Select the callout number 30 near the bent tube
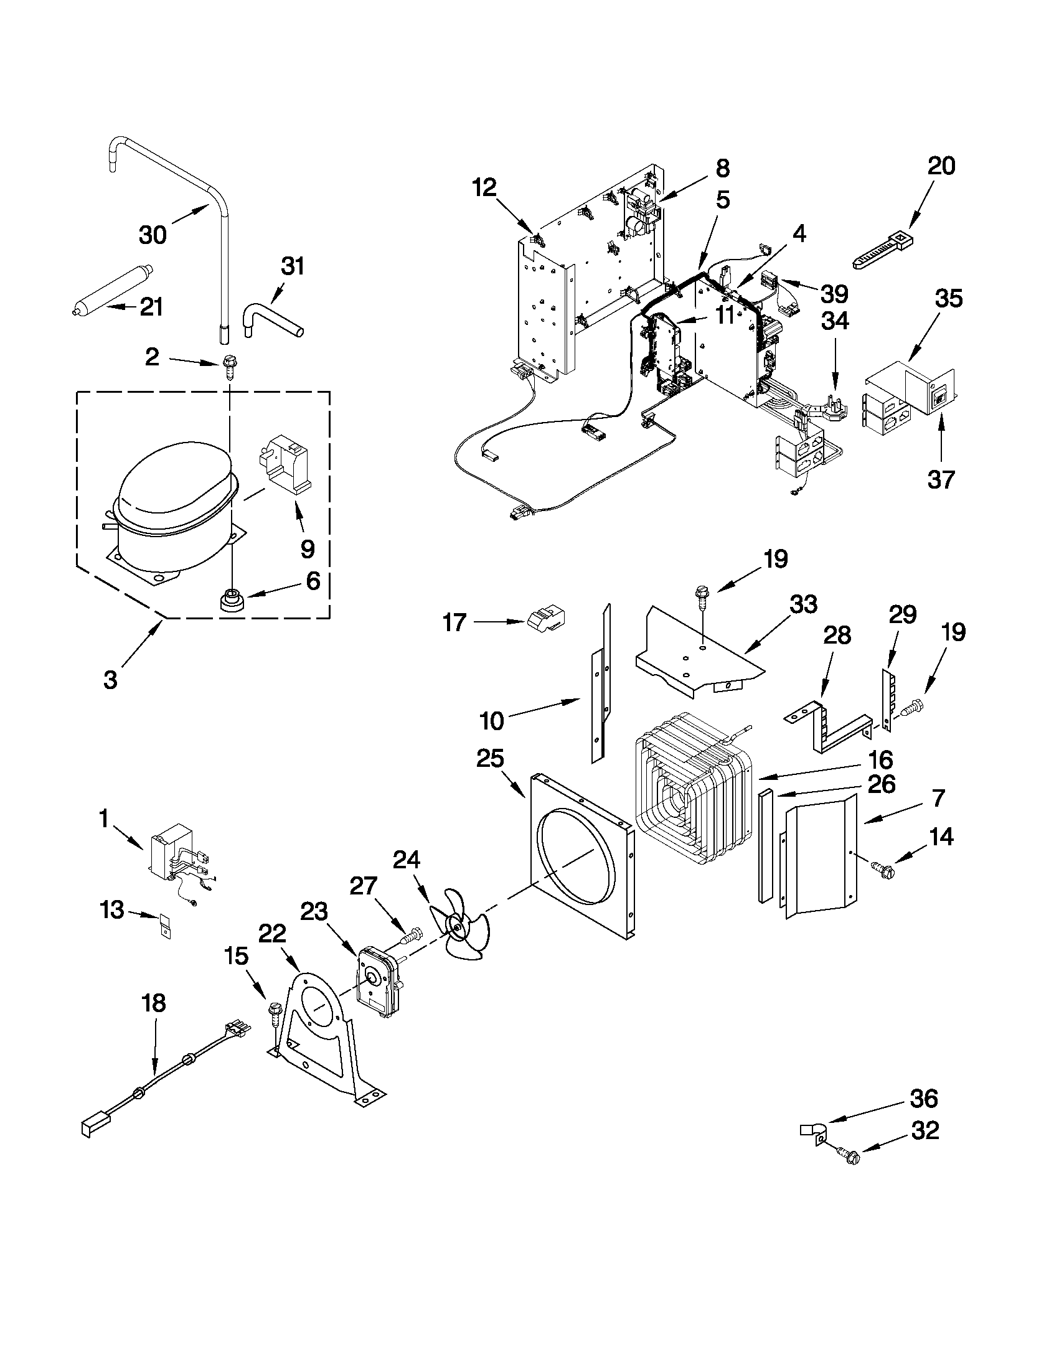point(153,235)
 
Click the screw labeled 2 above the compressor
point(229,368)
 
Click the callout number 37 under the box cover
point(941,479)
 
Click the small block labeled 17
point(545,619)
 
